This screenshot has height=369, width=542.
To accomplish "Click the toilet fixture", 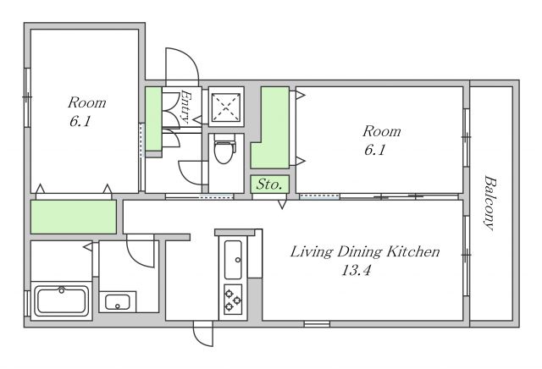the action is click(x=224, y=149).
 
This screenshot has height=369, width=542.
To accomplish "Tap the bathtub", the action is click(x=62, y=301).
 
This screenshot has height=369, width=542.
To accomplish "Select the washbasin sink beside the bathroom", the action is click(x=118, y=302).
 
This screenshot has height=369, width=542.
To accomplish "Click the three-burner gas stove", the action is click(x=233, y=300).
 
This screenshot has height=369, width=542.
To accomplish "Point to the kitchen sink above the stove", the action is click(x=233, y=259).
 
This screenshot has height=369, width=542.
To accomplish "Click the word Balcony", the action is click(x=489, y=203).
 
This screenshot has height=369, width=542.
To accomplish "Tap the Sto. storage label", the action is click(x=268, y=184).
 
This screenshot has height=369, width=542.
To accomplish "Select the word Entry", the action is click(x=186, y=107).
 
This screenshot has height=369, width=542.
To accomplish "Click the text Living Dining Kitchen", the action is click(x=365, y=251).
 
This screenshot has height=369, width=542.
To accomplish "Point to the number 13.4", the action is click(x=357, y=270).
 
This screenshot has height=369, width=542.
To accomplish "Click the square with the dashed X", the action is click(x=226, y=107).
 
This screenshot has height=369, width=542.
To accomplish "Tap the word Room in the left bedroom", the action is click(x=86, y=102).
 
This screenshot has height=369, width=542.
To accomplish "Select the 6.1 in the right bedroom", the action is click(x=374, y=150).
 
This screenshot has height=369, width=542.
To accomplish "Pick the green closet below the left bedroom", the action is click(x=74, y=217).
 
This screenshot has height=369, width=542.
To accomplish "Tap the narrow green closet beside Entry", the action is click(x=153, y=118).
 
